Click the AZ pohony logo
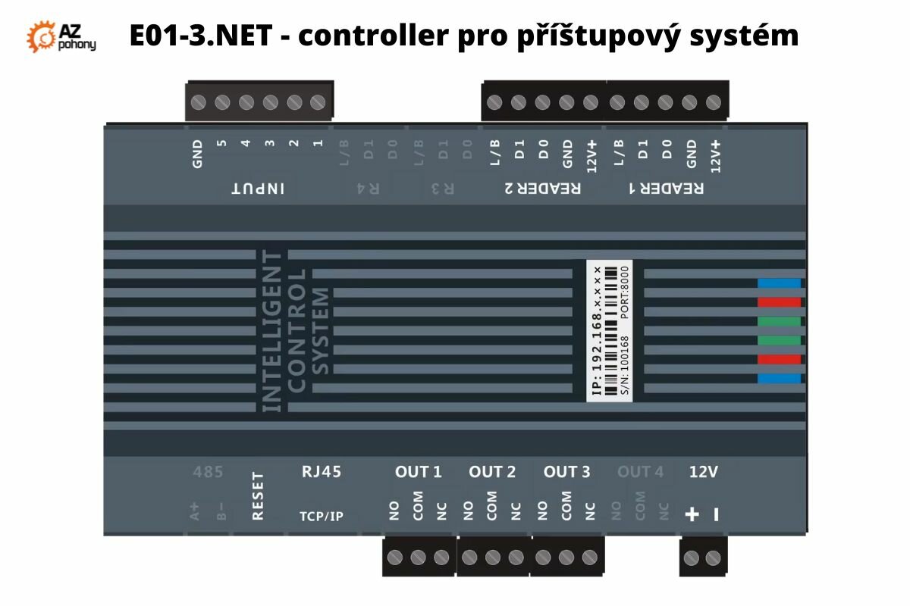61,36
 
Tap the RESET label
257,495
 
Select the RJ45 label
322,472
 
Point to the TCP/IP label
322,517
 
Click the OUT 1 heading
418,472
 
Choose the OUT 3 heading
566,472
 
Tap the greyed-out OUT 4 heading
640,472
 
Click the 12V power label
703,472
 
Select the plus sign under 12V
692,515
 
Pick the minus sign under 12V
715,515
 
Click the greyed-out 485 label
208,472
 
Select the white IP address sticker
610,331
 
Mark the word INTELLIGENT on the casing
271,331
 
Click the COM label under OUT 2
492,506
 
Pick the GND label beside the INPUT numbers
198,153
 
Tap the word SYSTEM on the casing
322,331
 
